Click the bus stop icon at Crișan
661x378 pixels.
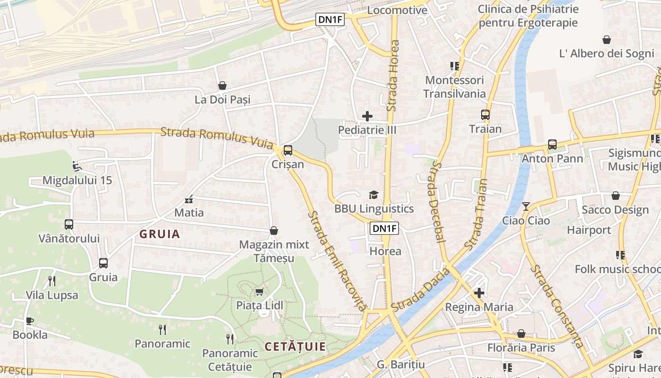pos(288,151)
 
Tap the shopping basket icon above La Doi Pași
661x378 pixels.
pos(222,86)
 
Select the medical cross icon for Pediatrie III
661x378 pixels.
pos(367,116)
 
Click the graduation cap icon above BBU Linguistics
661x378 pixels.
pos(373,195)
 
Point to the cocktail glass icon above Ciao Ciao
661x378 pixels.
pos(526,206)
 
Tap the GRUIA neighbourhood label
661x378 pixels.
pos(160,234)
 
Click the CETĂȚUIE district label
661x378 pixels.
pos(295,347)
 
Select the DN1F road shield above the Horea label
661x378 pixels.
pos(384,229)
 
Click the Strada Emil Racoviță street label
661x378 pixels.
pos(336,260)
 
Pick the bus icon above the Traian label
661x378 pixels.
pos(485,114)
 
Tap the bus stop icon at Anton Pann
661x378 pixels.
pos(552,145)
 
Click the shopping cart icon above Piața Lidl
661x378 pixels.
pos(259,292)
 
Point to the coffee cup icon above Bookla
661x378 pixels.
pos(30,321)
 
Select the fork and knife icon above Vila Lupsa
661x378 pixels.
pos(52,281)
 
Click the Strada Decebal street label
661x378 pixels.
pos(438,202)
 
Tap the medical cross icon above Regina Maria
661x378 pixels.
pos(479,293)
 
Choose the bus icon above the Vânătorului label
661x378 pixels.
pos(69,224)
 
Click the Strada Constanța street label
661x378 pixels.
pos(558,307)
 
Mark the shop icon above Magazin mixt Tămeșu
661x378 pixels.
pos(273,231)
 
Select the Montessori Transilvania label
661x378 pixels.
pos(454,87)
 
